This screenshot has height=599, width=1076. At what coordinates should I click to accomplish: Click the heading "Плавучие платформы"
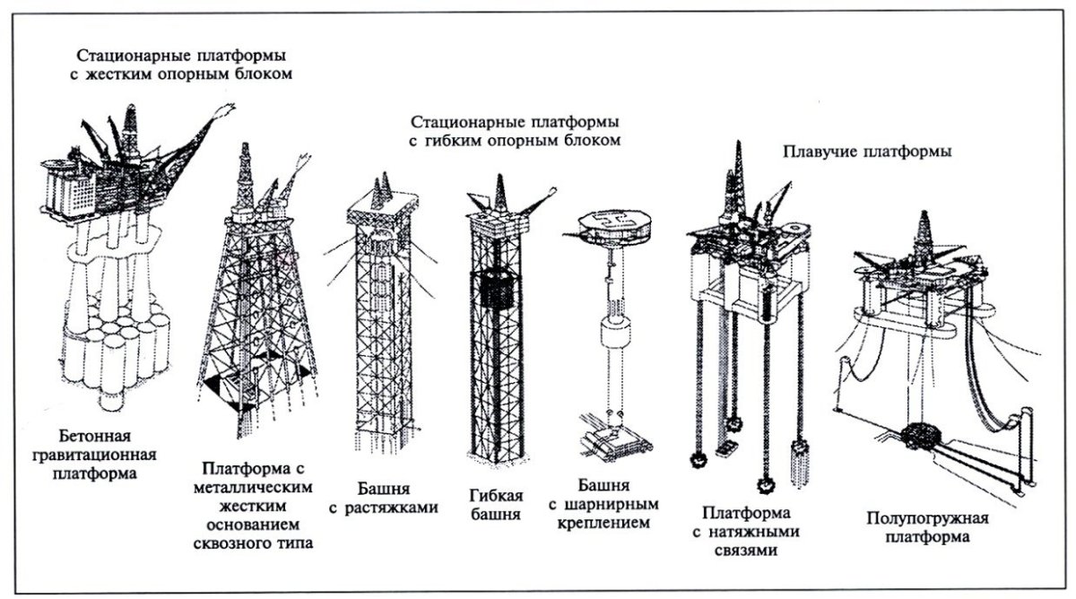point(867,152)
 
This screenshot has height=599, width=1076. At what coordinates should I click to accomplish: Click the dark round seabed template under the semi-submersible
point(924,437)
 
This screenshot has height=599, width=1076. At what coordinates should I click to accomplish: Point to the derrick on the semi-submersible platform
point(923,235)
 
